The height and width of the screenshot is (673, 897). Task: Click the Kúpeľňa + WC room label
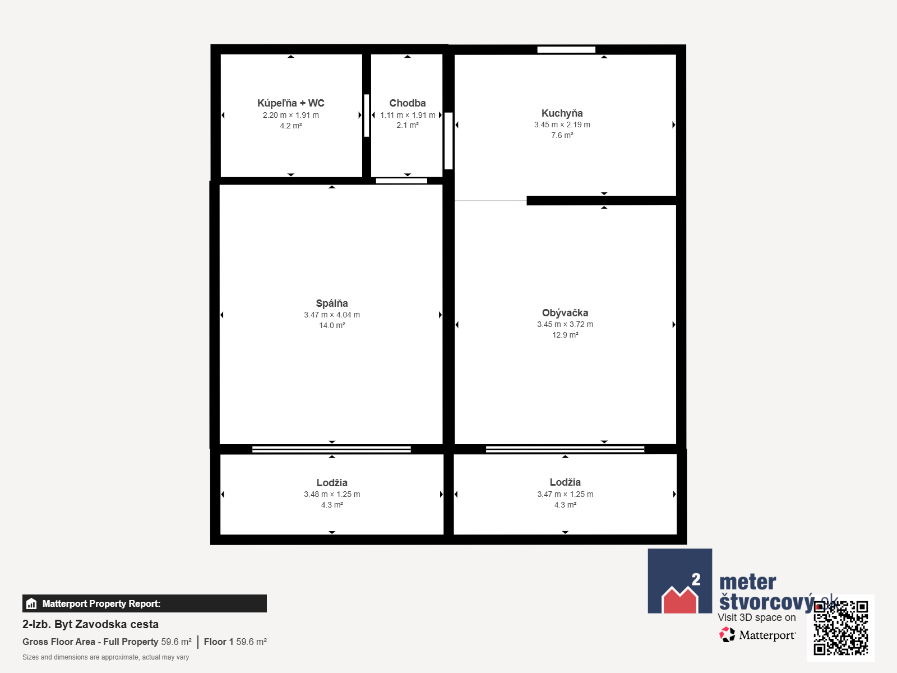(x=290, y=103)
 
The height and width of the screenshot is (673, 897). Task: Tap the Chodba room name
(x=408, y=103)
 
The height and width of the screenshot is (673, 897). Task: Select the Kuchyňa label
(x=562, y=113)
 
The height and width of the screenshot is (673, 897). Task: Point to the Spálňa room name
(x=332, y=303)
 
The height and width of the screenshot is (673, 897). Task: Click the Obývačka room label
(x=565, y=312)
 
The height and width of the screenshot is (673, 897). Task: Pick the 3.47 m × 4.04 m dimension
(x=332, y=315)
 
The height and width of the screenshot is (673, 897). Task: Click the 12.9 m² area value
(x=565, y=335)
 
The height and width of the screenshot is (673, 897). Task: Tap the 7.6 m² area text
(x=562, y=135)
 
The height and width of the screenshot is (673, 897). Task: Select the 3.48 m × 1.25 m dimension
(x=332, y=494)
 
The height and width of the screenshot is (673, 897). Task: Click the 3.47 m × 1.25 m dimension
(x=565, y=494)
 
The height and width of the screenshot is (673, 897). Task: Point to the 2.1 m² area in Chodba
(x=408, y=125)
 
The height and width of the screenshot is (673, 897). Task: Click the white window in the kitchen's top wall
(x=566, y=49)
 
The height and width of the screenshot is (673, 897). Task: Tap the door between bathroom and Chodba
(x=367, y=115)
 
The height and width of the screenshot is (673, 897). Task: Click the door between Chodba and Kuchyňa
(x=449, y=141)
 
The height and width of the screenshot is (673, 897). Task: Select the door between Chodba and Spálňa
(x=401, y=181)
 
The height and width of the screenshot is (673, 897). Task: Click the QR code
(x=841, y=628)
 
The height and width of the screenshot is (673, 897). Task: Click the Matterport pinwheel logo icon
(x=727, y=635)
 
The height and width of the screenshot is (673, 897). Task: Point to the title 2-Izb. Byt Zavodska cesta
(x=90, y=624)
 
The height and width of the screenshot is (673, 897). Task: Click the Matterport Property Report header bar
(x=144, y=603)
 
